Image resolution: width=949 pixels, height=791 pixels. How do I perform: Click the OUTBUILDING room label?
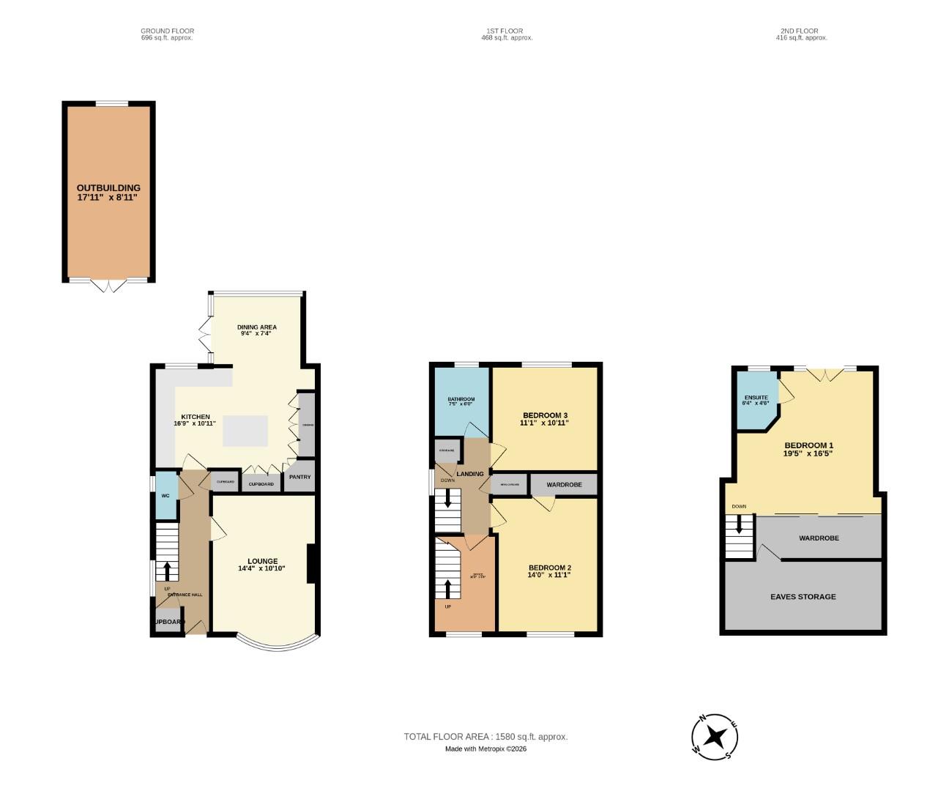click(108, 187)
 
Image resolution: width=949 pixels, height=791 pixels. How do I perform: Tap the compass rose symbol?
click(714, 736)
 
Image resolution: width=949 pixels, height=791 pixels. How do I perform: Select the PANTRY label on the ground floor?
click(299, 477)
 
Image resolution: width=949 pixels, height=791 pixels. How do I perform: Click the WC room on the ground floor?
click(166, 496)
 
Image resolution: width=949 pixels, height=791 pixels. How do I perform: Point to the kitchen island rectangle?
click(245, 431)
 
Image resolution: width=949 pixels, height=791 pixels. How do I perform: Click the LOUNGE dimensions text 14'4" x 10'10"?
click(261, 569)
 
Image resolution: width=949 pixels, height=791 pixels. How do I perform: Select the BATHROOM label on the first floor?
click(461, 399)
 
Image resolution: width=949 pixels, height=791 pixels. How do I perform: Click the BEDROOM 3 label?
click(544, 415)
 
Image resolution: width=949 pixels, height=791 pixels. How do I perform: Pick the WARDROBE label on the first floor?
click(564, 485)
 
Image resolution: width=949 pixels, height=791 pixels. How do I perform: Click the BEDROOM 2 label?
click(549, 568)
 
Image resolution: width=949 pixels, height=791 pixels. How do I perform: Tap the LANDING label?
click(470, 474)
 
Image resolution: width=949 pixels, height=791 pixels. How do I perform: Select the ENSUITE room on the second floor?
click(756, 400)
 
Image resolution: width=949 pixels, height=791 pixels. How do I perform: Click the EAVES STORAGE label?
click(803, 597)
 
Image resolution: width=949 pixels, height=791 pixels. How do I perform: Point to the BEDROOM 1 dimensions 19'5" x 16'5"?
click(808, 454)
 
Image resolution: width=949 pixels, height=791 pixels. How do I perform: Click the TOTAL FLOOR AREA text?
click(485, 737)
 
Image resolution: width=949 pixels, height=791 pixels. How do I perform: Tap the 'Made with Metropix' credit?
click(485, 749)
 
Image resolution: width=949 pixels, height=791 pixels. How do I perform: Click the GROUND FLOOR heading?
click(167, 31)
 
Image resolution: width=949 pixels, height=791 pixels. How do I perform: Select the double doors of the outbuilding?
click(108, 285)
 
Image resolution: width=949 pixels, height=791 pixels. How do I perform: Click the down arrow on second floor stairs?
click(739, 524)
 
